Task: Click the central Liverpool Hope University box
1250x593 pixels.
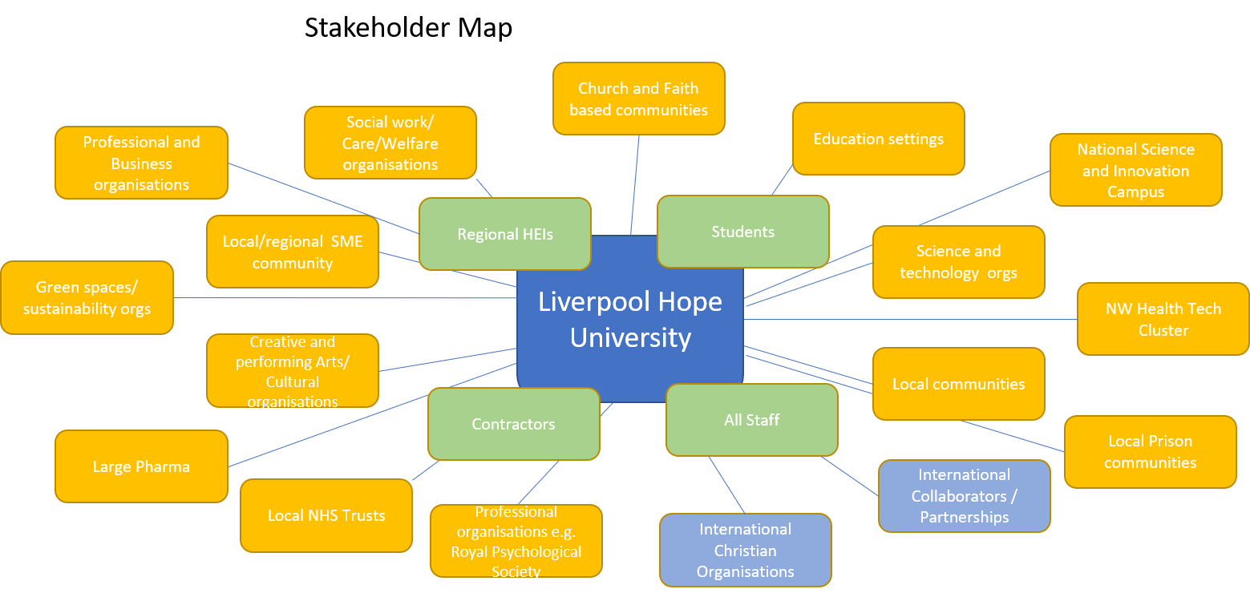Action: click(x=630, y=319)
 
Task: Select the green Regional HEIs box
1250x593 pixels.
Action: click(x=505, y=234)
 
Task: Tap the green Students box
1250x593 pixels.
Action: click(x=742, y=232)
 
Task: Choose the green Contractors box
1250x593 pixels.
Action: click(x=513, y=424)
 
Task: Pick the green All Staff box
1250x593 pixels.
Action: click(x=751, y=420)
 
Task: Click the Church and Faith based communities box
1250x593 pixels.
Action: click(x=638, y=99)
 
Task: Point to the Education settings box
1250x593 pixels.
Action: click(x=878, y=139)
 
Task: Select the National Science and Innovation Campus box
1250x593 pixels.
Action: click(x=1135, y=170)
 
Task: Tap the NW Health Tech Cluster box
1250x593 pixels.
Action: click(x=1163, y=319)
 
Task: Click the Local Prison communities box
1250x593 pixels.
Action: click(x=1150, y=452)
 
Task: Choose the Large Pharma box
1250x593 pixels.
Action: click(x=141, y=466)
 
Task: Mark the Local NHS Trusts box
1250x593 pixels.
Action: click(x=326, y=515)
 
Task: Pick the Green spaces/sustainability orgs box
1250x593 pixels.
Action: click(x=87, y=298)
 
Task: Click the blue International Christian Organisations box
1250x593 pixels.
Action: click(x=745, y=550)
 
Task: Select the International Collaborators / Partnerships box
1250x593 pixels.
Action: click(x=964, y=496)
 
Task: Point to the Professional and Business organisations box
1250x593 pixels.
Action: click(x=141, y=163)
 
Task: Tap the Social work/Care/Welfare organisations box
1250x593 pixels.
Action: click(x=390, y=143)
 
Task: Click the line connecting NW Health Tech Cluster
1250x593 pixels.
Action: click(x=910, y=319)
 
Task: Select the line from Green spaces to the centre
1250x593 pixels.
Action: click(x=345, y=298)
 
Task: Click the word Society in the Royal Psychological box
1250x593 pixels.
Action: click(x=516, y=571)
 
